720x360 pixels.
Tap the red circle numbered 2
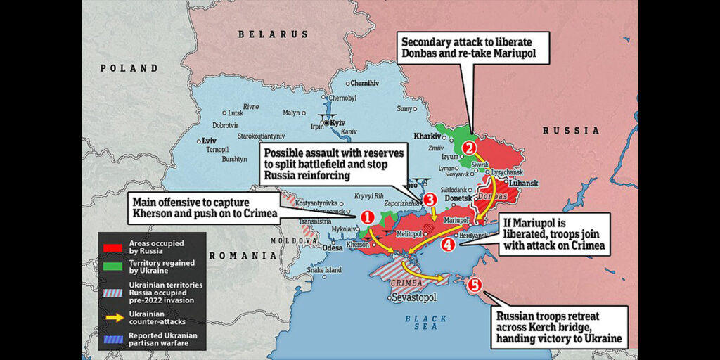(x=470, y=148)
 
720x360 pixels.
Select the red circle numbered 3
(x=430, y=200)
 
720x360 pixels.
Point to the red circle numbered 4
(x=448, y=245)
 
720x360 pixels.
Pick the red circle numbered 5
(x=475, y=285)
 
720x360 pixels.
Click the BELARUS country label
(x=273, y=34)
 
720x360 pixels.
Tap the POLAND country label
(x=129, y=68)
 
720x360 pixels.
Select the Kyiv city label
(x=337, y=122)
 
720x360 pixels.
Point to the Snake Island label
(x=324, y=270)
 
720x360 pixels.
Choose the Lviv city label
(x=210, y=141)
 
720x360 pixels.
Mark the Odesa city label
(x=332, y=247)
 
